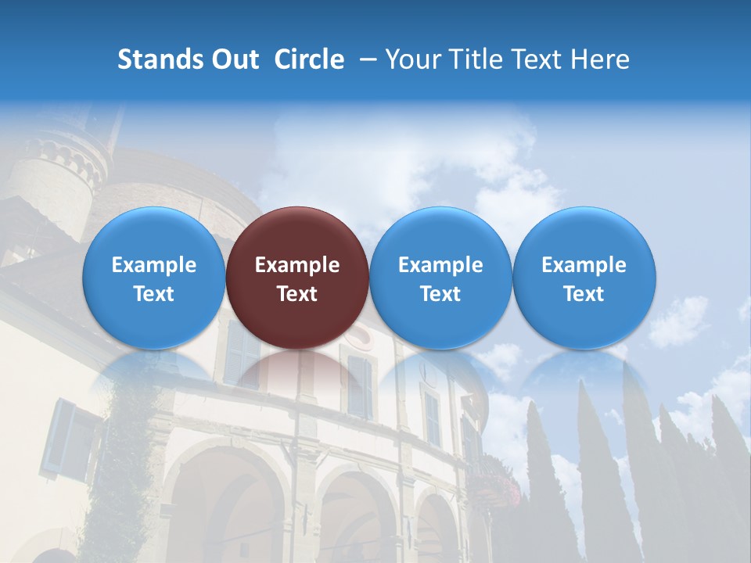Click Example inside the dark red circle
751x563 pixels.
297,265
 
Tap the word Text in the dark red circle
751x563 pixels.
297,294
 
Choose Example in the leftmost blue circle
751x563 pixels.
153,265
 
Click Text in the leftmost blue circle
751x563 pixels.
153,294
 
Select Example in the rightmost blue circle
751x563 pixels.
584,265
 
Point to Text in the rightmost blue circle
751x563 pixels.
584,294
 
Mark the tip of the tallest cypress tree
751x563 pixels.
582,383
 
